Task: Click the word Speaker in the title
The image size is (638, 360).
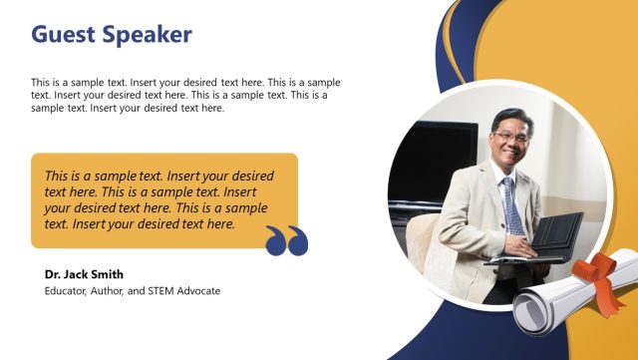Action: click(147, 35)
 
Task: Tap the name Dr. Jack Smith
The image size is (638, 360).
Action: click(84, 274)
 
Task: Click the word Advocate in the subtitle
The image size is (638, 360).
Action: click(200, 291)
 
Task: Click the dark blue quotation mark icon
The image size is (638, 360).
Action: click(286, 240)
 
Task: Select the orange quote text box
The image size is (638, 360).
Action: click(164, 199)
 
